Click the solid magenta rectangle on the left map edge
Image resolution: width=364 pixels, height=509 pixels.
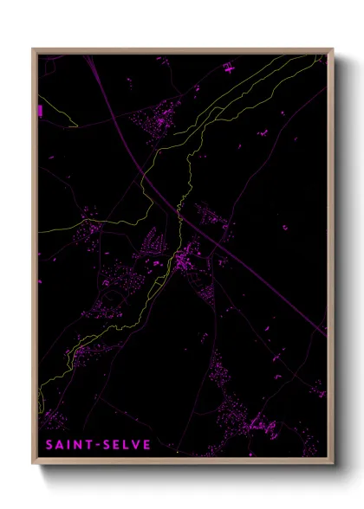click(x=39, y=110)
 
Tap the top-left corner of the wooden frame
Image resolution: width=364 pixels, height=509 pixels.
click(x=34, y=50)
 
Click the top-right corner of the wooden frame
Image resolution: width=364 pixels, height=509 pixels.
click(x=332, y=50)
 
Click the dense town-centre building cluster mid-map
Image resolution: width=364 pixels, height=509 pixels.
click(x=184, y=257)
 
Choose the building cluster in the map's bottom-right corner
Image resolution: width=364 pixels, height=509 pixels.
click(x=260, y=424)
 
